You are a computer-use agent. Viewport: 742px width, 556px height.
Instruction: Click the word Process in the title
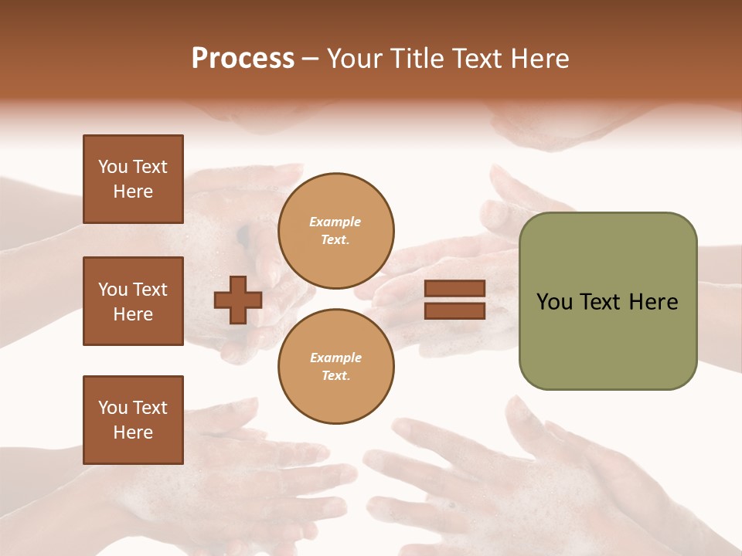(243, 59)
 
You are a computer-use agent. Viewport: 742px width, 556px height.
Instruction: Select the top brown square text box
(133, 179)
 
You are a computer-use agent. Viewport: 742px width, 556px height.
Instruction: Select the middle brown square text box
(133, 301)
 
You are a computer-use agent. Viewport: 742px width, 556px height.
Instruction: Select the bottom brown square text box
(133, 420)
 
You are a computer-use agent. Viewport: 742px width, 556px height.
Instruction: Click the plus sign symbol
(238, 300)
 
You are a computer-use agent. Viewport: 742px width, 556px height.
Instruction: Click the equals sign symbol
(455, 300)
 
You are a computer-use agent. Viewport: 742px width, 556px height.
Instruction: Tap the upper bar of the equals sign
(455, 289)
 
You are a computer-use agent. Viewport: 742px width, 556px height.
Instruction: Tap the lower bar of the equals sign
(455, 310)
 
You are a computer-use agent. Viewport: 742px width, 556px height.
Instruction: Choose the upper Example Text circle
(335, 231)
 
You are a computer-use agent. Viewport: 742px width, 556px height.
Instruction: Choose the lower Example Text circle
(335, 366)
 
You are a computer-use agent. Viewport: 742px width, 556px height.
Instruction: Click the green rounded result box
(608, 301)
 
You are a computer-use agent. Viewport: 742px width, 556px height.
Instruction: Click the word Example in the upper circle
(335, 222)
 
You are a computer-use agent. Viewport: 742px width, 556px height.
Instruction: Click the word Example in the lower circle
(335, 358)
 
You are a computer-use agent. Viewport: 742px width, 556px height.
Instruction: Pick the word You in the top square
(113, 167)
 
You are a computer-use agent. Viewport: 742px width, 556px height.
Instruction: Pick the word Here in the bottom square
(133, 432)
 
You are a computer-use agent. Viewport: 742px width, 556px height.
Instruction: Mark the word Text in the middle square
(150, 290)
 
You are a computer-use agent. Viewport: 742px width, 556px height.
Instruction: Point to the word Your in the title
(357, 59)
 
